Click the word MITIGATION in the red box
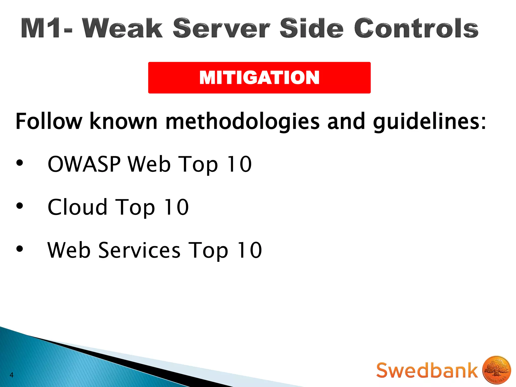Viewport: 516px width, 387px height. coord(259,78)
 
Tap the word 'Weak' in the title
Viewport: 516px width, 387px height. coord(123,28)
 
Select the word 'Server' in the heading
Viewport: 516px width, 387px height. coord(222,28)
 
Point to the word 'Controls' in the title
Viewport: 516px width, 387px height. coord(416,28)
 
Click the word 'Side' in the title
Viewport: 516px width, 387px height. coord(311,28)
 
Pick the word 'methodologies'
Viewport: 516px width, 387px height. coord(242,121)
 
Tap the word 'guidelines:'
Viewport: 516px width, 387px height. coord(429,121)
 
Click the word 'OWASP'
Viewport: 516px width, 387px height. coord(84,164)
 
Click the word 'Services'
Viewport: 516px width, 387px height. coord(139,250)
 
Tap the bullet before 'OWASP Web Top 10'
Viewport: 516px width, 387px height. coord(19,163)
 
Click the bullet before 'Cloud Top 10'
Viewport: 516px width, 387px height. coord(19,206)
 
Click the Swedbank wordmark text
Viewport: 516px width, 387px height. coord(427,370)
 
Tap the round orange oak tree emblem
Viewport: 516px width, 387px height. coord(496,370)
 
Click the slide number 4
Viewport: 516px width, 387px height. coord(11,375)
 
